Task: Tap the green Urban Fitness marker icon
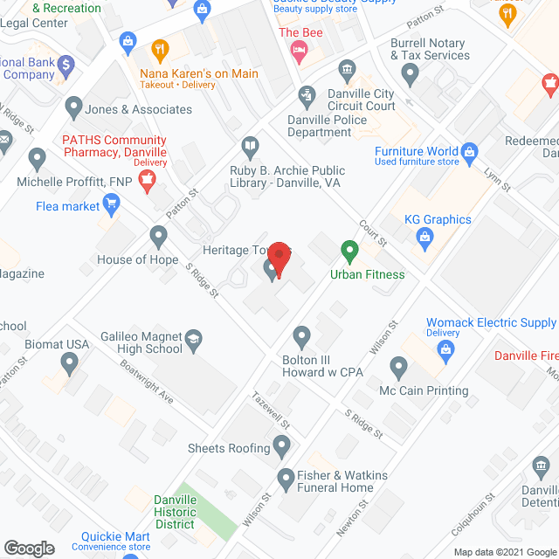349,252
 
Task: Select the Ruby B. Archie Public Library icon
251,146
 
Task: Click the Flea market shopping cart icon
111,206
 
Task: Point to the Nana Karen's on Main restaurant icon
159,50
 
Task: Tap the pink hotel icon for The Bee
299,51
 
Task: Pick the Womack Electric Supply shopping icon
447,351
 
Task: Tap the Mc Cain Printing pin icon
398,367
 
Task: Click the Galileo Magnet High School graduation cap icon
193,338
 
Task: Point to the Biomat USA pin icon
70,360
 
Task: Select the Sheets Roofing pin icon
281,448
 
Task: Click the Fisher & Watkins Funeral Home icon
286,477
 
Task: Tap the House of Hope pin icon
158,235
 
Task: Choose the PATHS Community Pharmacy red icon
148,181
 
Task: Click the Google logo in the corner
28,548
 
